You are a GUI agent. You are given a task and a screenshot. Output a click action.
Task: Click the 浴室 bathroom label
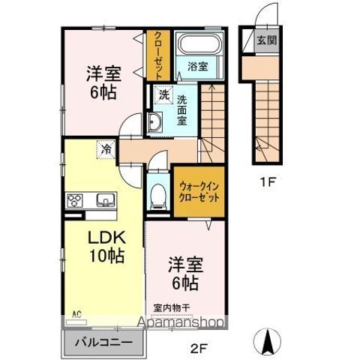click(197, 65)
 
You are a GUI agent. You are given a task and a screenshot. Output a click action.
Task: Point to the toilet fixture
click(158, 197)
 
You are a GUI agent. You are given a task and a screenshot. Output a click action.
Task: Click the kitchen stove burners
click(76, 200)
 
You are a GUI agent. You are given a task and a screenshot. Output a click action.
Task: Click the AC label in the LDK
click(75, 313)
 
